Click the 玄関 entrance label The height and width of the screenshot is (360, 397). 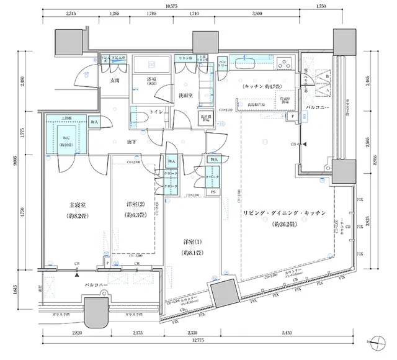pos(115,81)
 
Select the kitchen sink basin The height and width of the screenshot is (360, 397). pos(247,63)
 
